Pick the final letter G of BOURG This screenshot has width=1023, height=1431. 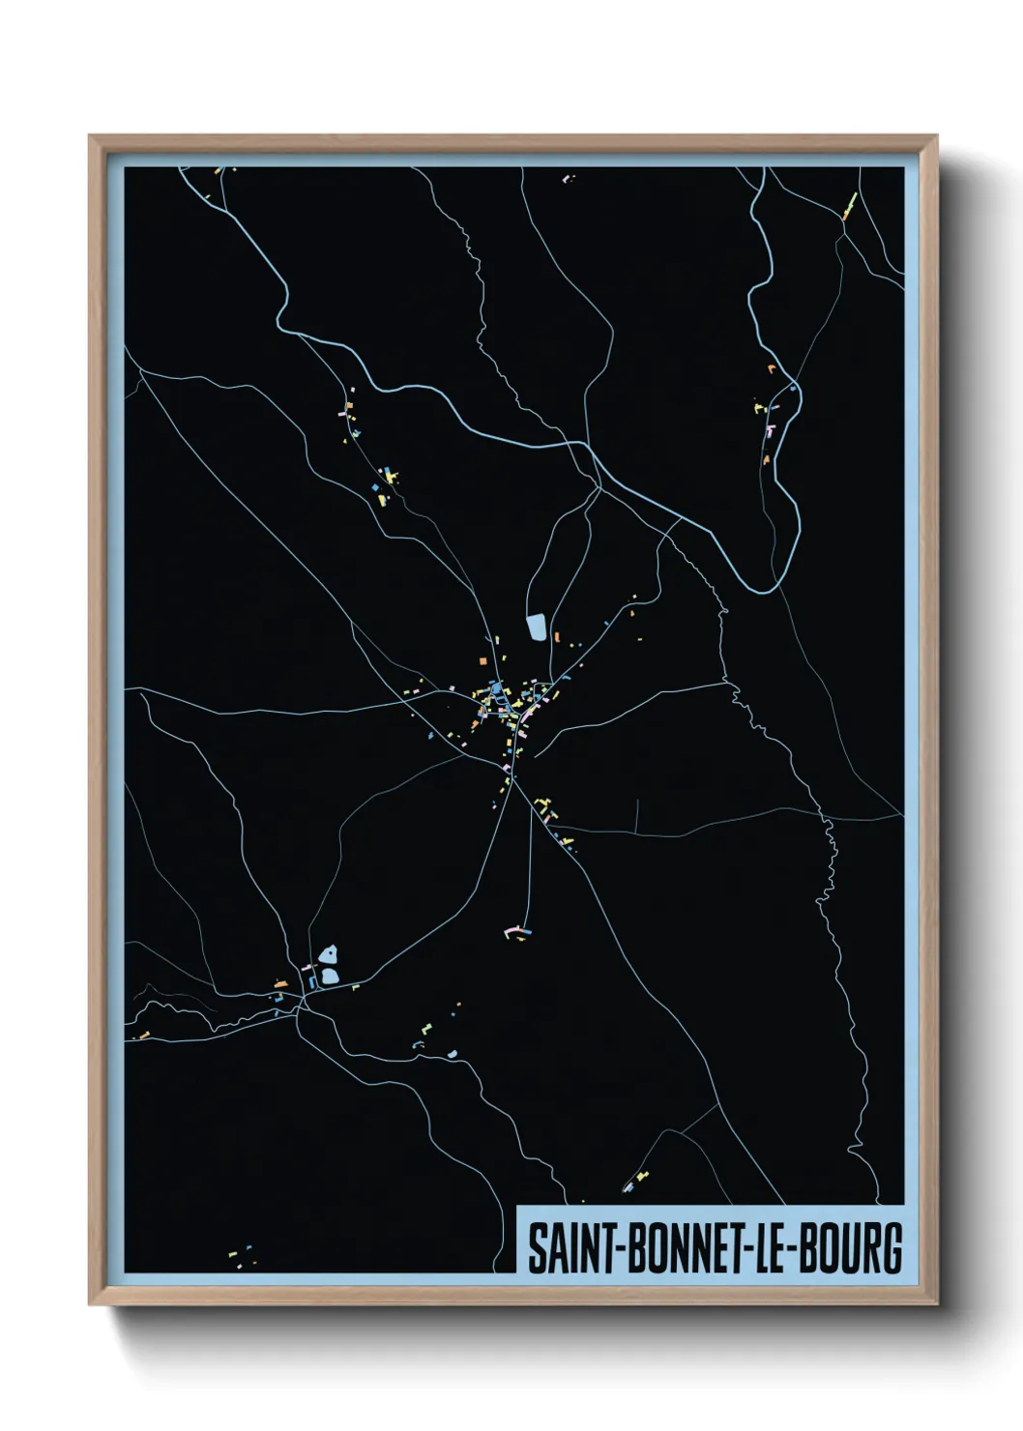click(892, 1248)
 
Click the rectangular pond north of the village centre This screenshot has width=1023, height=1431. click(537, 628)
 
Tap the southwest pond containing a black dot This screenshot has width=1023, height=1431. click(329, 955)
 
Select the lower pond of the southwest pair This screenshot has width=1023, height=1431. click(330, 977)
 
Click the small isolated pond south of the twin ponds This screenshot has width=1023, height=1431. click(451, 1053)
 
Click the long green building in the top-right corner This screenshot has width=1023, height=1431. click(851, 204)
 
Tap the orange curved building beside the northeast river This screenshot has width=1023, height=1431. click(772, 368)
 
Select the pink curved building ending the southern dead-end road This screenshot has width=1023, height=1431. click(511, 929)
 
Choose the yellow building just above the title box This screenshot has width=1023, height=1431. click(642, 1177)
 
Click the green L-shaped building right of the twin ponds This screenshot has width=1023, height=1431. click(356, 986)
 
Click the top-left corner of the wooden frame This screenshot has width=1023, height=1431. click(91, 137)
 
